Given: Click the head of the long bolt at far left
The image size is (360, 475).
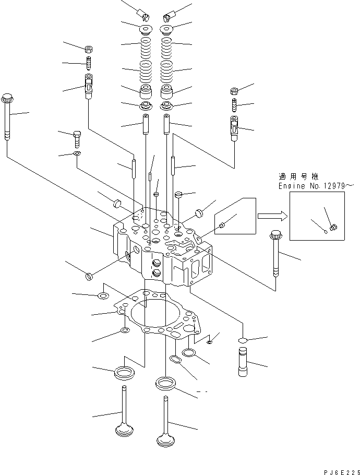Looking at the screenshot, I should click(x=7, y=98).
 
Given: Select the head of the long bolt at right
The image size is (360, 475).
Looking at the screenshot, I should click(x=275, y=234).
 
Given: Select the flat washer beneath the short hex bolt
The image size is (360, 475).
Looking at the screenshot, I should click(x=77, y=154).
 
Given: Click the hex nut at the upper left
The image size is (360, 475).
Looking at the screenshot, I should click(x=89, y=49).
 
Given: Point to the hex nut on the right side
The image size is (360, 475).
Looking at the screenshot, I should click(x=234, y=91).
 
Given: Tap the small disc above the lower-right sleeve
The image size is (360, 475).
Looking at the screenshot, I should click(x=243, y=340).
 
